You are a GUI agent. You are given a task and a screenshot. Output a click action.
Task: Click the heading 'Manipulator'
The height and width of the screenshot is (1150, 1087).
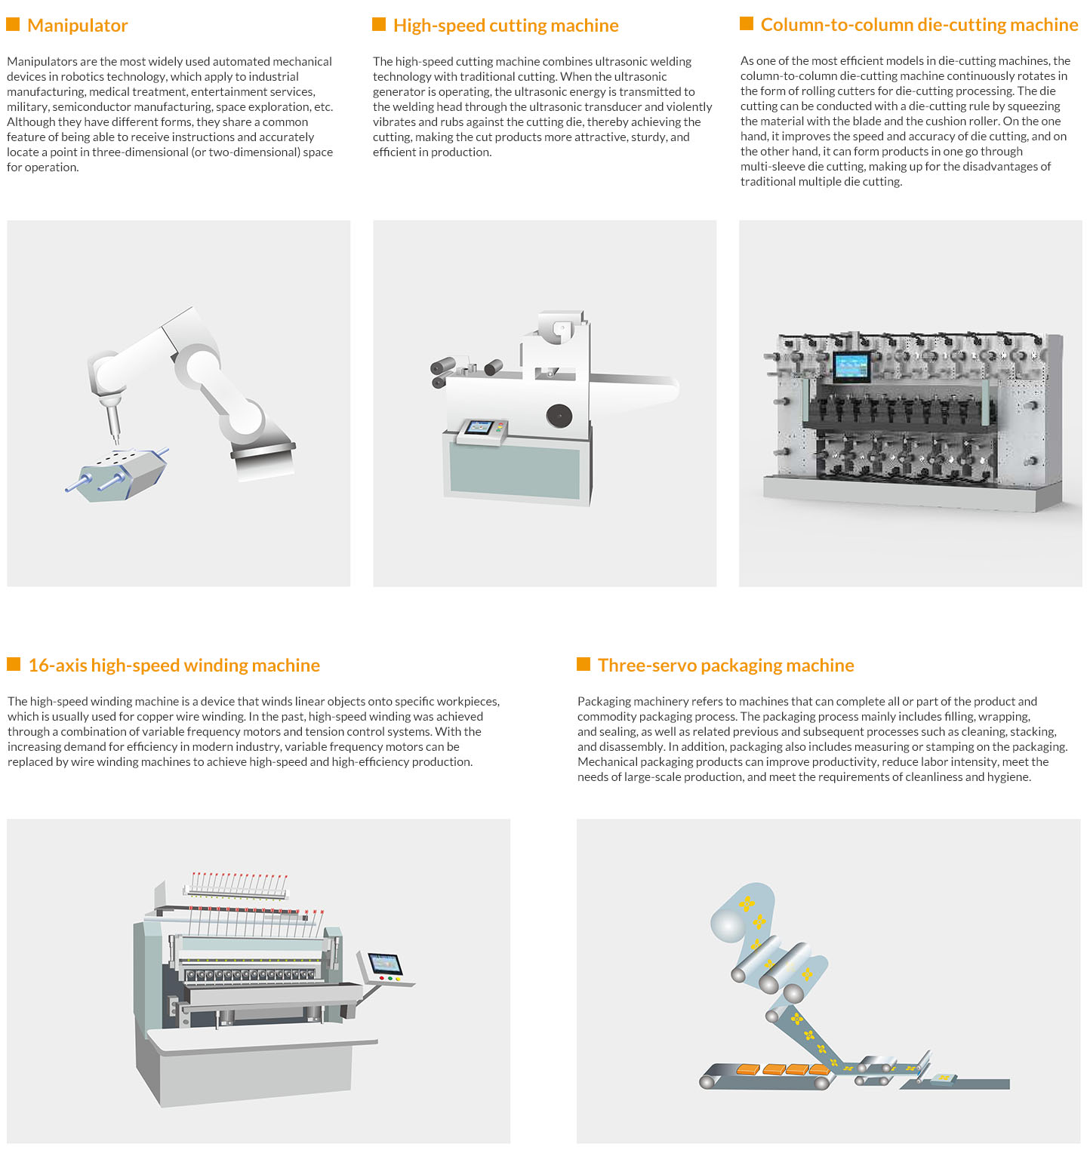78,26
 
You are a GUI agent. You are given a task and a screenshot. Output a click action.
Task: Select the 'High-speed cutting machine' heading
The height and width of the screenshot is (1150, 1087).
506,26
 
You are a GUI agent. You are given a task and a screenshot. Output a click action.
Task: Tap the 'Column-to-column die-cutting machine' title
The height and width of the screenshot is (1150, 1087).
919,25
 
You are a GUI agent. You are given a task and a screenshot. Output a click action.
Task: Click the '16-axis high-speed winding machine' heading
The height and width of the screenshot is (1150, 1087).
174,665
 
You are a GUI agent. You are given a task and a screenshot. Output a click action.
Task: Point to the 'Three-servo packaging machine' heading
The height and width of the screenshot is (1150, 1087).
726,665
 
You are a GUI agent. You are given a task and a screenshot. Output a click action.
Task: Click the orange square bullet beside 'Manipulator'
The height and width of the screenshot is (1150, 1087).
13,25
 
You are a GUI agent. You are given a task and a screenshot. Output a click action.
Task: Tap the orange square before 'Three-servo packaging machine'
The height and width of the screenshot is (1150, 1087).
584,664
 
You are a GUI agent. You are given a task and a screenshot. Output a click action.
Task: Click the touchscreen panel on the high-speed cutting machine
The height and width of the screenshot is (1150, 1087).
479,429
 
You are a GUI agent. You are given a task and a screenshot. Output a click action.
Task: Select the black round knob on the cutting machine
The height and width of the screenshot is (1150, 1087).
559,416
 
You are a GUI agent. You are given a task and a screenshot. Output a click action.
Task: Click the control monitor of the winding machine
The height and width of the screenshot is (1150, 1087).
385,964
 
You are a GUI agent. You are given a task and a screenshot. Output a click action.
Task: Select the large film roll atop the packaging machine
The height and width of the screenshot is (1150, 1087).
744,913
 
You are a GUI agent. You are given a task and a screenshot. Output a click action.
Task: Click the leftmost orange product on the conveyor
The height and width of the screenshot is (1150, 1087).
748,1069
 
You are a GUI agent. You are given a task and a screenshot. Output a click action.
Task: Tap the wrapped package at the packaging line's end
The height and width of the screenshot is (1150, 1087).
944,1079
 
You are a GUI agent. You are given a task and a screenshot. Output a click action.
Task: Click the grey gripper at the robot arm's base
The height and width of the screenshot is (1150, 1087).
263,457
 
